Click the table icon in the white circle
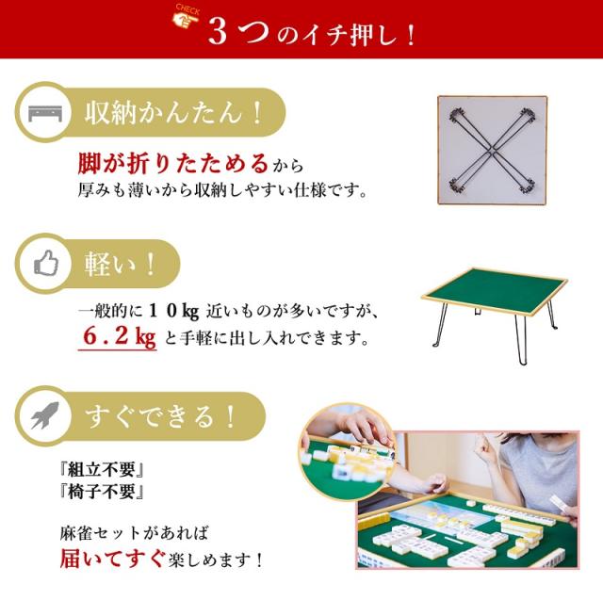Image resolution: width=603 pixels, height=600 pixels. pyautogui.click(x=43, y=116)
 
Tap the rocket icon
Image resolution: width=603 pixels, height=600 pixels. pyautogui.click(x=43, y=415)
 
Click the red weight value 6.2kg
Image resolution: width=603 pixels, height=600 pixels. pyautogui.click(x=118, y=336)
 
